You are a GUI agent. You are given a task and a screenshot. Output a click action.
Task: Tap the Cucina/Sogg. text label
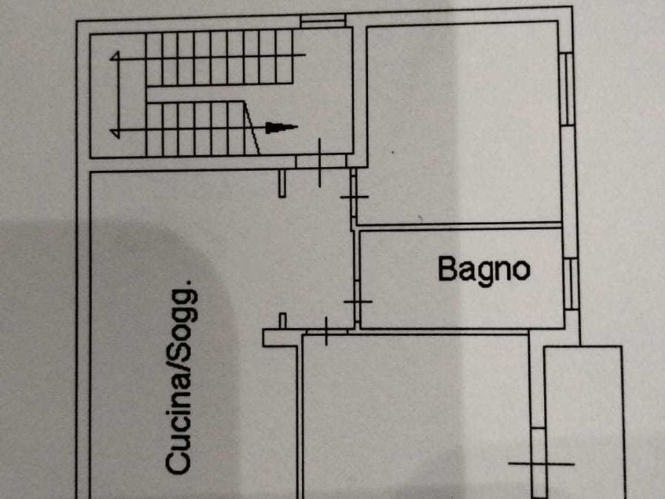click(181, 377)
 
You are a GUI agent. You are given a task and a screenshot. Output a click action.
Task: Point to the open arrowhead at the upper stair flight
click(114, 56)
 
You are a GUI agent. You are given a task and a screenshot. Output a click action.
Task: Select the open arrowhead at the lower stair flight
click(114, 133)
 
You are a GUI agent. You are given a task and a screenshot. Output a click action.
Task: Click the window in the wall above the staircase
click(323, 21)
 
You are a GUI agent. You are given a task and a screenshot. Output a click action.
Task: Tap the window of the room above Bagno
click(567, 89)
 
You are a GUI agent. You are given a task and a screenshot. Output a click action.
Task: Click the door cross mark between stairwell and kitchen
click(319, 162)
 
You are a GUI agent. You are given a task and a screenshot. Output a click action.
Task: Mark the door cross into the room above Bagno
click(354, 196)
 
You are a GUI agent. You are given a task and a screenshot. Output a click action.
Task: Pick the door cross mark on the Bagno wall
click(358, 301)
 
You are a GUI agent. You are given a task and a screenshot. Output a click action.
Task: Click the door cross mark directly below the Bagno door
click(326, 331)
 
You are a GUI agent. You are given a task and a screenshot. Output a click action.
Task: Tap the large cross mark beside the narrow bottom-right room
click(541, 464)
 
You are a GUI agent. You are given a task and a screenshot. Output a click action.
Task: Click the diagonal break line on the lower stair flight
click(251, 128)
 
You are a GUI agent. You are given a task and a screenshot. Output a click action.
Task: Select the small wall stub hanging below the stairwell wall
click(282, 183)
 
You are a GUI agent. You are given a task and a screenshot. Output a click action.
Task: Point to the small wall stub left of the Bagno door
click(283, 321)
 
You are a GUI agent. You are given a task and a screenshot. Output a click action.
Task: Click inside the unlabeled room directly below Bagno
click(416, 416)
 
